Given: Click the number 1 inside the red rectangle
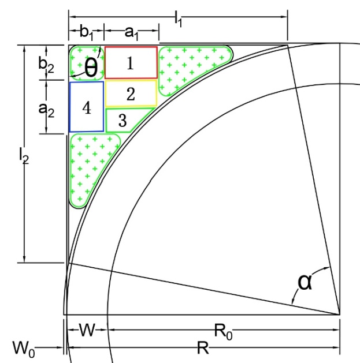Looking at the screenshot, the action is (131, 63).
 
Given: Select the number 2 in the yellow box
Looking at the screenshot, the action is (131, 94).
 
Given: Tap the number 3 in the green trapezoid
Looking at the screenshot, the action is (123, 121).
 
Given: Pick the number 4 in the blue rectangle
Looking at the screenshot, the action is (87, 108).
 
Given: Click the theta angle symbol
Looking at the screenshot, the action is (91, 67).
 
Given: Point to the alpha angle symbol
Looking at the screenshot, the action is (305, 282).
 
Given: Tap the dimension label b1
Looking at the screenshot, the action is (86, 32).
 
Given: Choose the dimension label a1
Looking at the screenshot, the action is (131, 33).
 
